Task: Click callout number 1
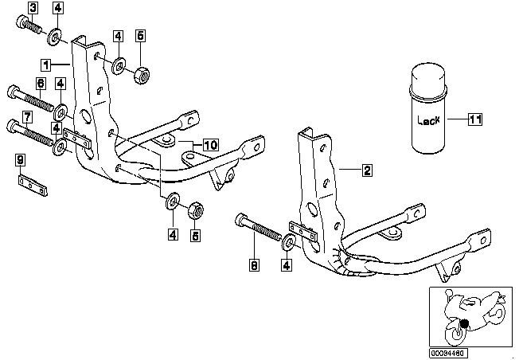(x=46, y=65)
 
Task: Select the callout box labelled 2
(x=367, y=170)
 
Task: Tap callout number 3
(x=33, y=8)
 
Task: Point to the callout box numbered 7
(x=27, y=117)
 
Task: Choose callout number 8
(x=254, y=265)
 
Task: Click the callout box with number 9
(x=21, y=160)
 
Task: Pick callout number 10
(x=210, y=145)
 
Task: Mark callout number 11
(x=475, y=119)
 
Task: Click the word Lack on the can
(x=428, y=120)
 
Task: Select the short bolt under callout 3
(x=28, y=25)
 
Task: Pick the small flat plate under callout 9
(x=33, y=186)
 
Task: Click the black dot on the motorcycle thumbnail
(x=465, y=323)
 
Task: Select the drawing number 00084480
(x=448, y=352)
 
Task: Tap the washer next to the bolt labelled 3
(x=55, y=37)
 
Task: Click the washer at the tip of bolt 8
(x=289, y=242)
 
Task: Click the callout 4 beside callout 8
(x=287, y=265)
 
